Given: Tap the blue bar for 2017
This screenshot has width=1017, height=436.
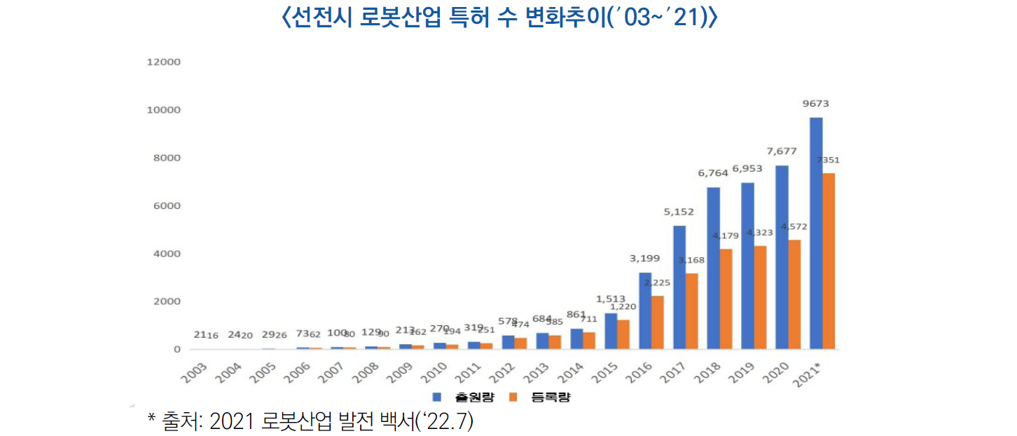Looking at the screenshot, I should pyautogui.click(x=679, y=287).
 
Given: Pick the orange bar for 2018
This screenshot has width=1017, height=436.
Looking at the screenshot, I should pyautogui.click(x=726, y=299).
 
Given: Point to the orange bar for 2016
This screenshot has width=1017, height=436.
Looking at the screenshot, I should pyautogui.click(x=658, y=322).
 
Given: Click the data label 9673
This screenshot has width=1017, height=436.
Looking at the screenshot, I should pyautogui.click(x=816, y=104).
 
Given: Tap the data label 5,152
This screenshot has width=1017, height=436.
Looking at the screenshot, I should pyautogui.click(x=679, y=211).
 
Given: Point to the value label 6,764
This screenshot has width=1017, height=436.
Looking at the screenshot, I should pyautogui.click(x=713, y=173).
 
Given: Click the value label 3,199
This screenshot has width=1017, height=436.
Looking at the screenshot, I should pyautogui.click(x=644, y=259).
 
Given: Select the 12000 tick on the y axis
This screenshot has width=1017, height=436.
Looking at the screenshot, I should pyautogui.click(x=164, y=62).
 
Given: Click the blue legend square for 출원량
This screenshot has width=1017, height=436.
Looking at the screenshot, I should pyautogui.click(x=436, y=397).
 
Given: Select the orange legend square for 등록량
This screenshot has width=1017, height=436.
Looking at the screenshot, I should pyautogui.click(x=512, y=397).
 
